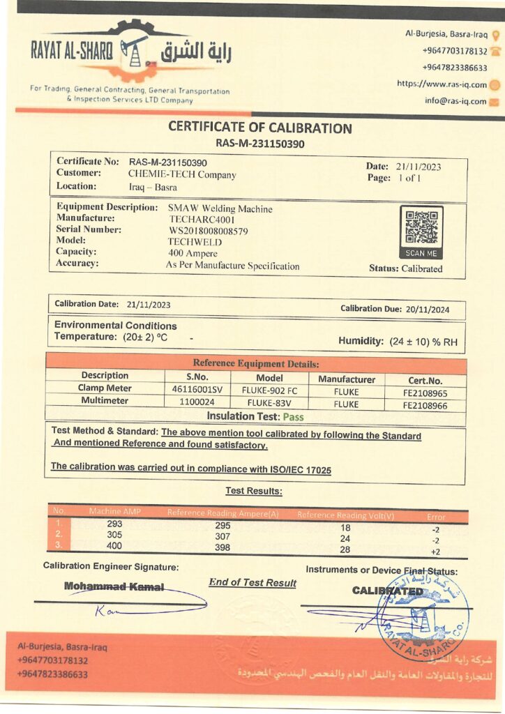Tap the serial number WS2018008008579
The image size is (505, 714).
(209, 231)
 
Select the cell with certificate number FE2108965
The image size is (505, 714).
(425, 393)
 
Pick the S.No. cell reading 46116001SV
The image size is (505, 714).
(197, 392)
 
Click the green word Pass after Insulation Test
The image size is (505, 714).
(293, 417)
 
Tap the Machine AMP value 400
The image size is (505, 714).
(114, 546)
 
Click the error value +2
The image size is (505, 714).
(435, 552)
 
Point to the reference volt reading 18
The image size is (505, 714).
(345, 529)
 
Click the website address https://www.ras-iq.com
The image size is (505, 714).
(442, 84)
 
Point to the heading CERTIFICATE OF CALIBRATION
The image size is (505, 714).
(260, 128)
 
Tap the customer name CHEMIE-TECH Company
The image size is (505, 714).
(182, 175)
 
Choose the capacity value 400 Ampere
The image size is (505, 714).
(193, 253)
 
